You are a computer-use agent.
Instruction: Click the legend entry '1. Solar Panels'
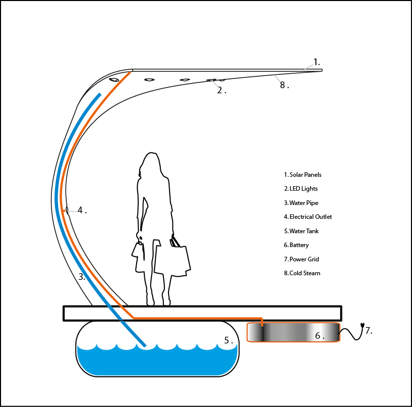click(303, 175)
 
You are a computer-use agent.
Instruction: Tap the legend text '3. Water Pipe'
click(301, 203)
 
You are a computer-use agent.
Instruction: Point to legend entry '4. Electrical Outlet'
click(308, 217)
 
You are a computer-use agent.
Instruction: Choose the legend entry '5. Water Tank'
click(302, 231)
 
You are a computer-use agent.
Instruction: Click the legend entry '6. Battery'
click(296, 245)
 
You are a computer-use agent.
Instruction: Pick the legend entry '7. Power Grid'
click(302, 259)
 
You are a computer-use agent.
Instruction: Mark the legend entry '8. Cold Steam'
click(302, 273)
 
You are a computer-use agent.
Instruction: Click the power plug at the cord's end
click(363, 325)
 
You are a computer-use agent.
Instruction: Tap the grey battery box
click(293, 332)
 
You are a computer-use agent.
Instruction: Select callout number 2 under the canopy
click(221, 90)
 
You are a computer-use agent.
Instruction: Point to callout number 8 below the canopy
click(284, 86)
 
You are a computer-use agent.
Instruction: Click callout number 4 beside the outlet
click(82, 210)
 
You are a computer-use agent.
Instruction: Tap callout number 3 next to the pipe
click(82, 277)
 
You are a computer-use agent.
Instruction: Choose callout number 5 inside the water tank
click(229, 340)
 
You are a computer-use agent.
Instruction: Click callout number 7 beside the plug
click(368, 331)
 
